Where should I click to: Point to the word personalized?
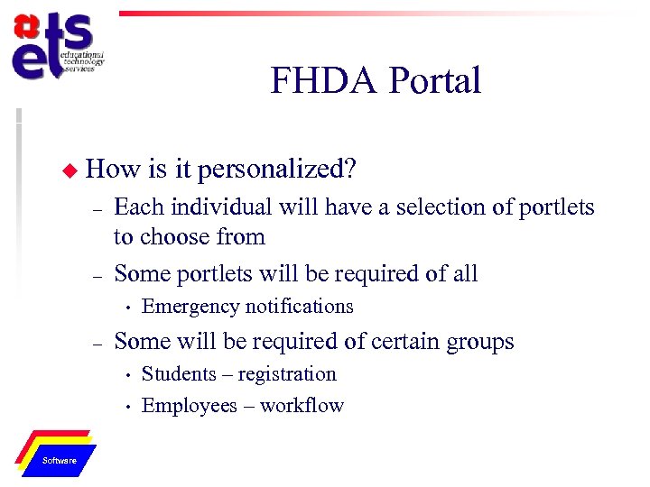tap(277, 169)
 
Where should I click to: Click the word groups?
tap(473, 342)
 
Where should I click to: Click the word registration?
tap(287, 374)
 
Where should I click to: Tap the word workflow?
tap(302, 406)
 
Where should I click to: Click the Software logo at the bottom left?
tap(59, 454)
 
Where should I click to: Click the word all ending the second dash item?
tap(463, 273)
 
